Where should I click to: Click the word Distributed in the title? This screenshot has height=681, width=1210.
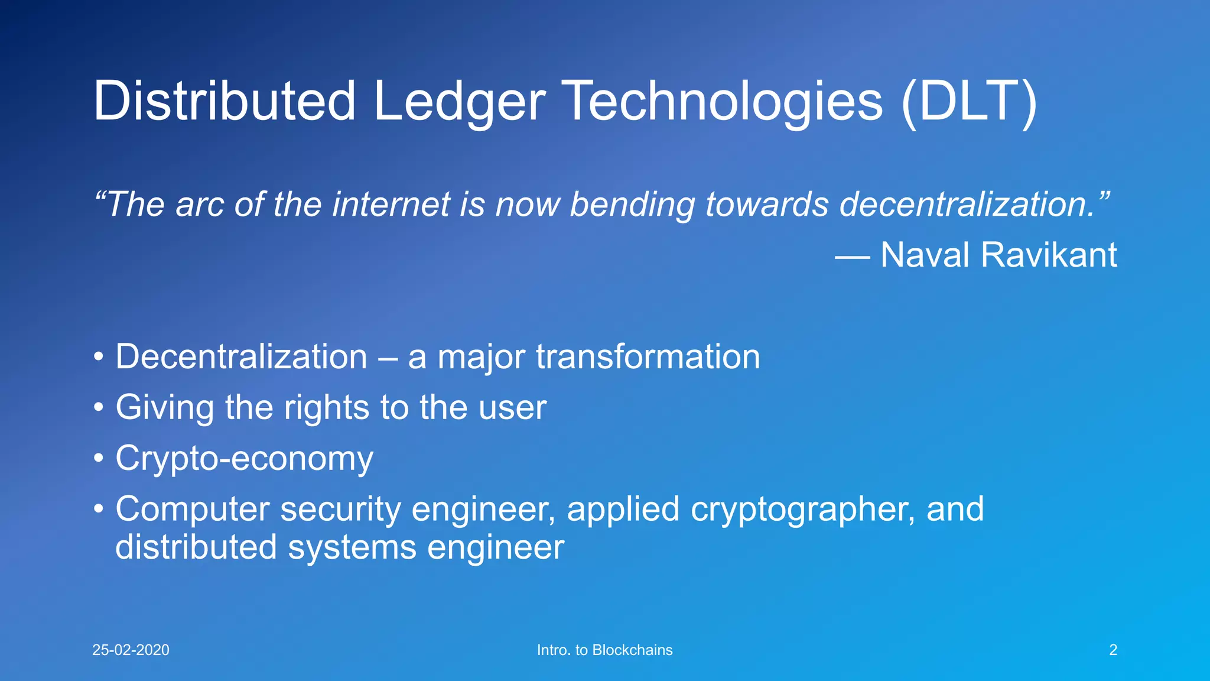click(225, 102)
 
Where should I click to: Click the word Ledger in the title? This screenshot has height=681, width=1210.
click(459, 102)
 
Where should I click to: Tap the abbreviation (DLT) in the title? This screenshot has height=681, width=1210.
click(969, 102)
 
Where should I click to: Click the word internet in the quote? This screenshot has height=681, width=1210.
click(391, 205)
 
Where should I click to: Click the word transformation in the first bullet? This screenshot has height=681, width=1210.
click(648, 357)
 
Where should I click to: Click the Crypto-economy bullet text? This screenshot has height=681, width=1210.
click(244, 459)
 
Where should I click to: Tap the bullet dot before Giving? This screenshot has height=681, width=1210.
click(99, 408)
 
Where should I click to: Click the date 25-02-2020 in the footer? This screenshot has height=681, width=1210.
click(131, 650)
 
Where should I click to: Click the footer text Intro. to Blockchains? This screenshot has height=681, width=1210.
click(604, 650)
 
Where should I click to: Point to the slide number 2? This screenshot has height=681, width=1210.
click(1113, 650)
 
